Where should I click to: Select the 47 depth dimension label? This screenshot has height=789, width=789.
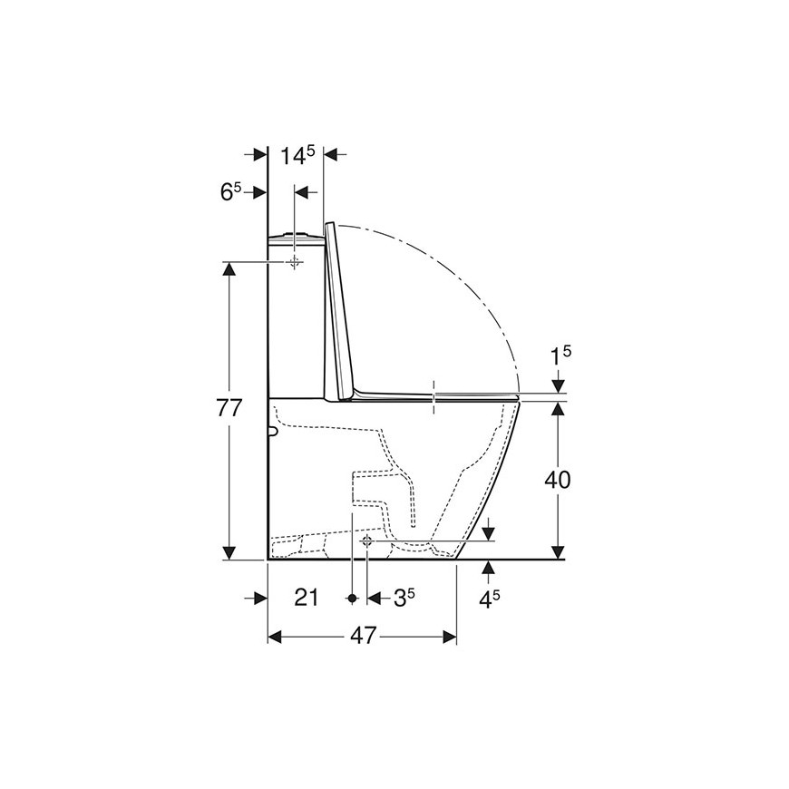364,637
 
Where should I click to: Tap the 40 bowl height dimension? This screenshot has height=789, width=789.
558,480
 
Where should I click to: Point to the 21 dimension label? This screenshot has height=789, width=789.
306,598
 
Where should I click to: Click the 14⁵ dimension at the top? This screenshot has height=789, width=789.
297,155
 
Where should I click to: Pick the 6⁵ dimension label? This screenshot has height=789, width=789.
231,192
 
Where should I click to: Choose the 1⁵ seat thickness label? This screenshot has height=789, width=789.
560,356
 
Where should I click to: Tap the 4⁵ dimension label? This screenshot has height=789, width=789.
489,599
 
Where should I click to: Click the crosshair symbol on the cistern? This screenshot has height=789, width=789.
295,262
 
